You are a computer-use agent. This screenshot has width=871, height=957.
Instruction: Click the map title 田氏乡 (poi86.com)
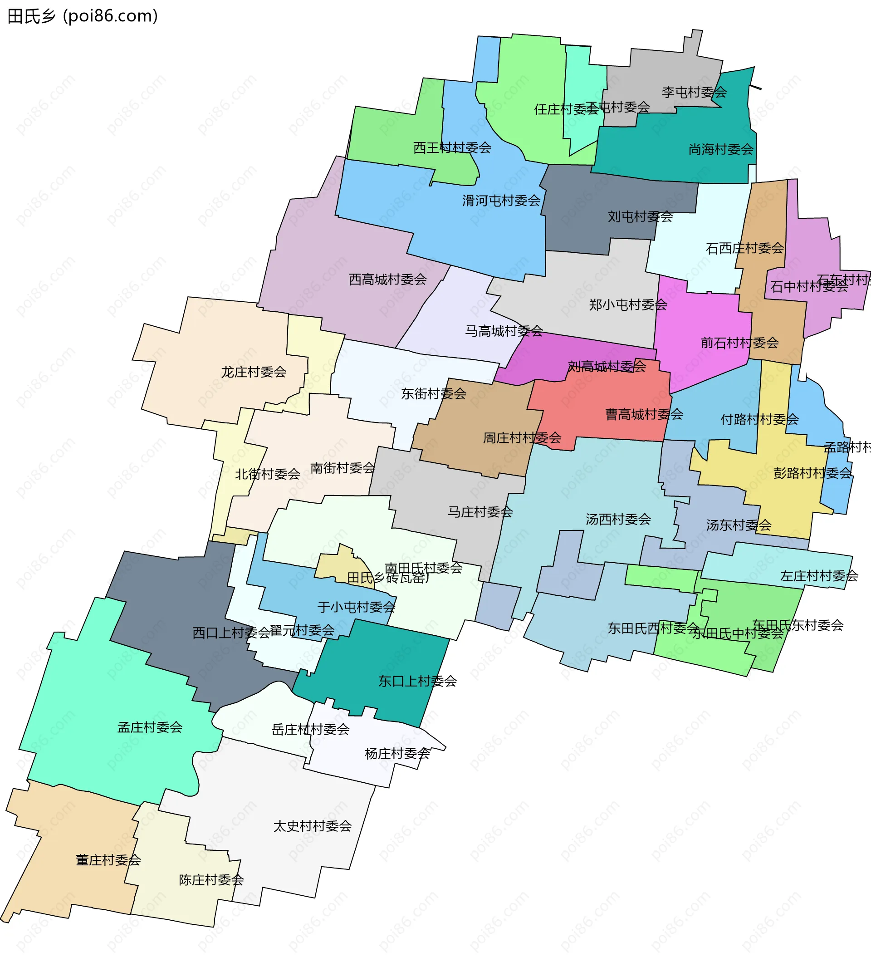tap(83, 16)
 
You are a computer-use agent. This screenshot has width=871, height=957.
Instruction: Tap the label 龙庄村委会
tap(254, 372)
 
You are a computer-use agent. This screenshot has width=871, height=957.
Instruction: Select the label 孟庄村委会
tap(150, 727)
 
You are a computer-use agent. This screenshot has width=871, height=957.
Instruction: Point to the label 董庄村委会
tap(108, 860)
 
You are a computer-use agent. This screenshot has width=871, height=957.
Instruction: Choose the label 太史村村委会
tap(312, 826)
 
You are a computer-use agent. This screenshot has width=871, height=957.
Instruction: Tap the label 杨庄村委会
tap(397, 753)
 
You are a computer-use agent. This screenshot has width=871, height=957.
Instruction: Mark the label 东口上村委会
tap(417, 681)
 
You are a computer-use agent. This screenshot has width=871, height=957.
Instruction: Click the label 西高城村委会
tap(387, 279)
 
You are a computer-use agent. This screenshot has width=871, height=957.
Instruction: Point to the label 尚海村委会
tap(720, 150)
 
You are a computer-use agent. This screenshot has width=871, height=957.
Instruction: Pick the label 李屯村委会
tap(694, 92)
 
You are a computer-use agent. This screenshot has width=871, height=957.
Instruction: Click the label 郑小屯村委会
tap(628, 304)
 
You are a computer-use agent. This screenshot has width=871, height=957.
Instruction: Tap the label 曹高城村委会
tap(644, 414)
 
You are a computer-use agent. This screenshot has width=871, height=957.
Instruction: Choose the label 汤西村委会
tap(618, 519)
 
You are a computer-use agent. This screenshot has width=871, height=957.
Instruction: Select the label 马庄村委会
tap(480, 512)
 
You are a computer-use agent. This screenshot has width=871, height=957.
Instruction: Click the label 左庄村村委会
tap(819, 576)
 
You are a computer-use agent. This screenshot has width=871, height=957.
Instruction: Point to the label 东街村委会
tap(433, 393)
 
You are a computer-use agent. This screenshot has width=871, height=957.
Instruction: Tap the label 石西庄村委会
tap(744, 248)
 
